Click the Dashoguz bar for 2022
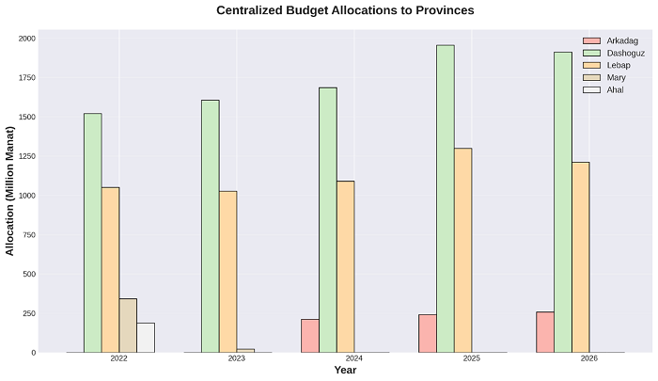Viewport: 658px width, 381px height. point(92,233)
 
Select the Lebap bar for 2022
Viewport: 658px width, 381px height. point(110,270)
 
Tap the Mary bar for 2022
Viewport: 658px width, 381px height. point(128,325)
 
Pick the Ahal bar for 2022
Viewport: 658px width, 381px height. point(146,338)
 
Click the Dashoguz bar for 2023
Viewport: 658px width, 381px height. point(210,227)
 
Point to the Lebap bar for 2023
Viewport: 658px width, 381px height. point(227,272)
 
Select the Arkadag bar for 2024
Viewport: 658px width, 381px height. point(310,336)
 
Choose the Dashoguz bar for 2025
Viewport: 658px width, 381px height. point(445,198)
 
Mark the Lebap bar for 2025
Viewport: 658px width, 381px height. point(462,250)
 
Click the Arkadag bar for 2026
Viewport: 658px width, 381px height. point(545,332)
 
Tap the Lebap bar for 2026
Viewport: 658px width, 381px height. point(580,258)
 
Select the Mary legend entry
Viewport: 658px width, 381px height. point(608,77)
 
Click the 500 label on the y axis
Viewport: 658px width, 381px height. point(28,275)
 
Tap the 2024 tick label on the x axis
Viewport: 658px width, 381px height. point(354,359)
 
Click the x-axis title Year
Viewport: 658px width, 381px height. point(345,371)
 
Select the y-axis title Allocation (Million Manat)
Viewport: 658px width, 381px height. point(10,196)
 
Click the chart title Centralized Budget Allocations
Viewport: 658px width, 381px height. point(345,11)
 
